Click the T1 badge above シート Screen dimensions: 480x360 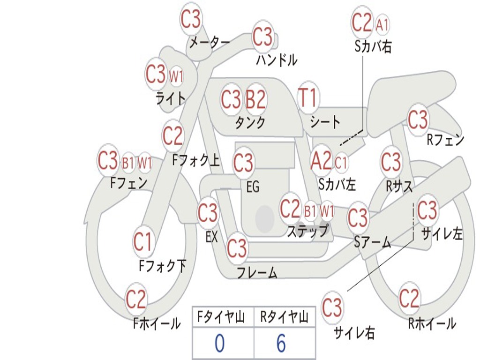pos(308,99)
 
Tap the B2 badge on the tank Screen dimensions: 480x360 pos(256,99)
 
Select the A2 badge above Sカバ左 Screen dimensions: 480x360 pos(321,161)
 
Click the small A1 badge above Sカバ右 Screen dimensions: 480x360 pos(382,24)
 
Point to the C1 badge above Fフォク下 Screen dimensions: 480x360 pos(142,242)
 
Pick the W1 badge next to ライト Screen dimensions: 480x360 pos(176,76)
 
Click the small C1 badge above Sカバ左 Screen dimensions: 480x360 pos(341,163)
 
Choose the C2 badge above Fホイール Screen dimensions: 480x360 pos(136,299)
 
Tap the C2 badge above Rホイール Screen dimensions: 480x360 pos(409,298)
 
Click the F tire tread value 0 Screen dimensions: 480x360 pos(219,344)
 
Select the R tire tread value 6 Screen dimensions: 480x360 pos(281,344)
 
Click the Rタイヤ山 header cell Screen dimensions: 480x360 pos(284,318)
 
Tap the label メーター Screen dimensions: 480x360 pos(210,43)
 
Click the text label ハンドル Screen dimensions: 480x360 pos(277,60)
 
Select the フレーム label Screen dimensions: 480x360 pos(257,272)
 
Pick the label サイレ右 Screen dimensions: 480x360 pos(354,333)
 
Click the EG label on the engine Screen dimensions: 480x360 pos(253,187)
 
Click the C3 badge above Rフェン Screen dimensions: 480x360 pos(418,120)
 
